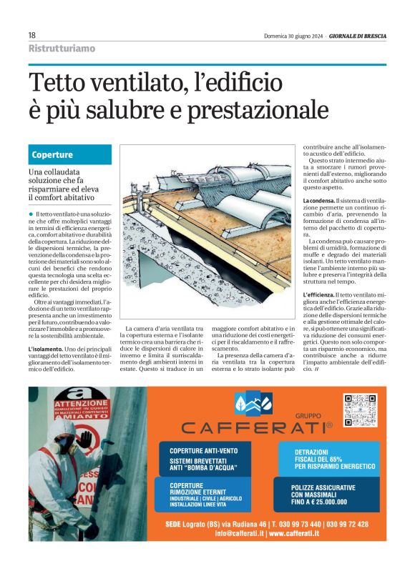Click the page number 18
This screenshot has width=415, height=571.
pos(31,35)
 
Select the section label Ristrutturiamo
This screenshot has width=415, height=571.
pos(62,49)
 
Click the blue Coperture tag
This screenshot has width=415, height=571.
pos(53,154)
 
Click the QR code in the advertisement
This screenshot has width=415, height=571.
pos(359,410)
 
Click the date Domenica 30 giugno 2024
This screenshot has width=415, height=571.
pos(293,36)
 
